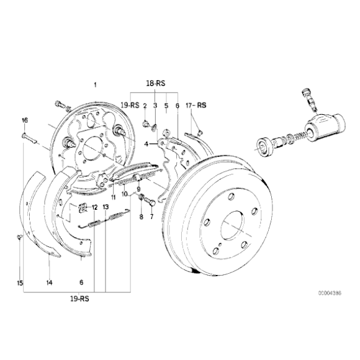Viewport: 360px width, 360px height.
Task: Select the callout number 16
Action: [x=25, y=120]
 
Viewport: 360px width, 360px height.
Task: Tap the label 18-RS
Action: [x=155, y=83]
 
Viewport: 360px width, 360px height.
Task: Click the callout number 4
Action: [x=145, y=144]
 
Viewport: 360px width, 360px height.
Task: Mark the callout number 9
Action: [x=139, y=189]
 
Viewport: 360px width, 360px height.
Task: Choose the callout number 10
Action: [x=125, y=194]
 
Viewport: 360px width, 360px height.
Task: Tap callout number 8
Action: [x=141, y=217]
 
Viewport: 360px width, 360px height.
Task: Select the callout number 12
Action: [x=95, y=207]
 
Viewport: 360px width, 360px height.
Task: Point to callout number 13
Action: [x=106, y=207]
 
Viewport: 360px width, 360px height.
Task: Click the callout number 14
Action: [x=49, y=282]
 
